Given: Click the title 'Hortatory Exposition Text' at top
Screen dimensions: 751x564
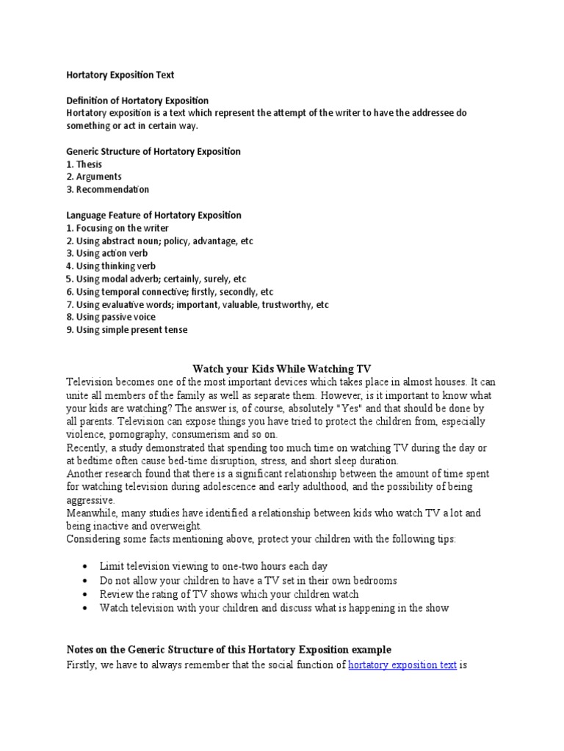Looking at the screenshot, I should coord(120,75).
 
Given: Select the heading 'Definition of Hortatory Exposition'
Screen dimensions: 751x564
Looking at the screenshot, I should coord(137,100).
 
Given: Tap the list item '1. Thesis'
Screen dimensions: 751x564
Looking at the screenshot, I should coord(84,164).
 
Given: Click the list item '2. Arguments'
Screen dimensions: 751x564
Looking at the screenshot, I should coord(93,177).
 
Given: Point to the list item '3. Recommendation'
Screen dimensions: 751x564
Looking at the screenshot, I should coord(107,189).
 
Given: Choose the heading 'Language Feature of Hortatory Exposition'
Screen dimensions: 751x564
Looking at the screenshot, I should coord(153,215).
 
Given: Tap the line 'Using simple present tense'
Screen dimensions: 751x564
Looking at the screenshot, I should coord(131,329).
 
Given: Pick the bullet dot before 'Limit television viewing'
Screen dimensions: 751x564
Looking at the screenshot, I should coord(86,567).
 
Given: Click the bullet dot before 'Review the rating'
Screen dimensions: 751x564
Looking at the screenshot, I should coord(86,594).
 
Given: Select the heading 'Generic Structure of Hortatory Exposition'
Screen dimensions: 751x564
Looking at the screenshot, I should coord(153,151).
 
